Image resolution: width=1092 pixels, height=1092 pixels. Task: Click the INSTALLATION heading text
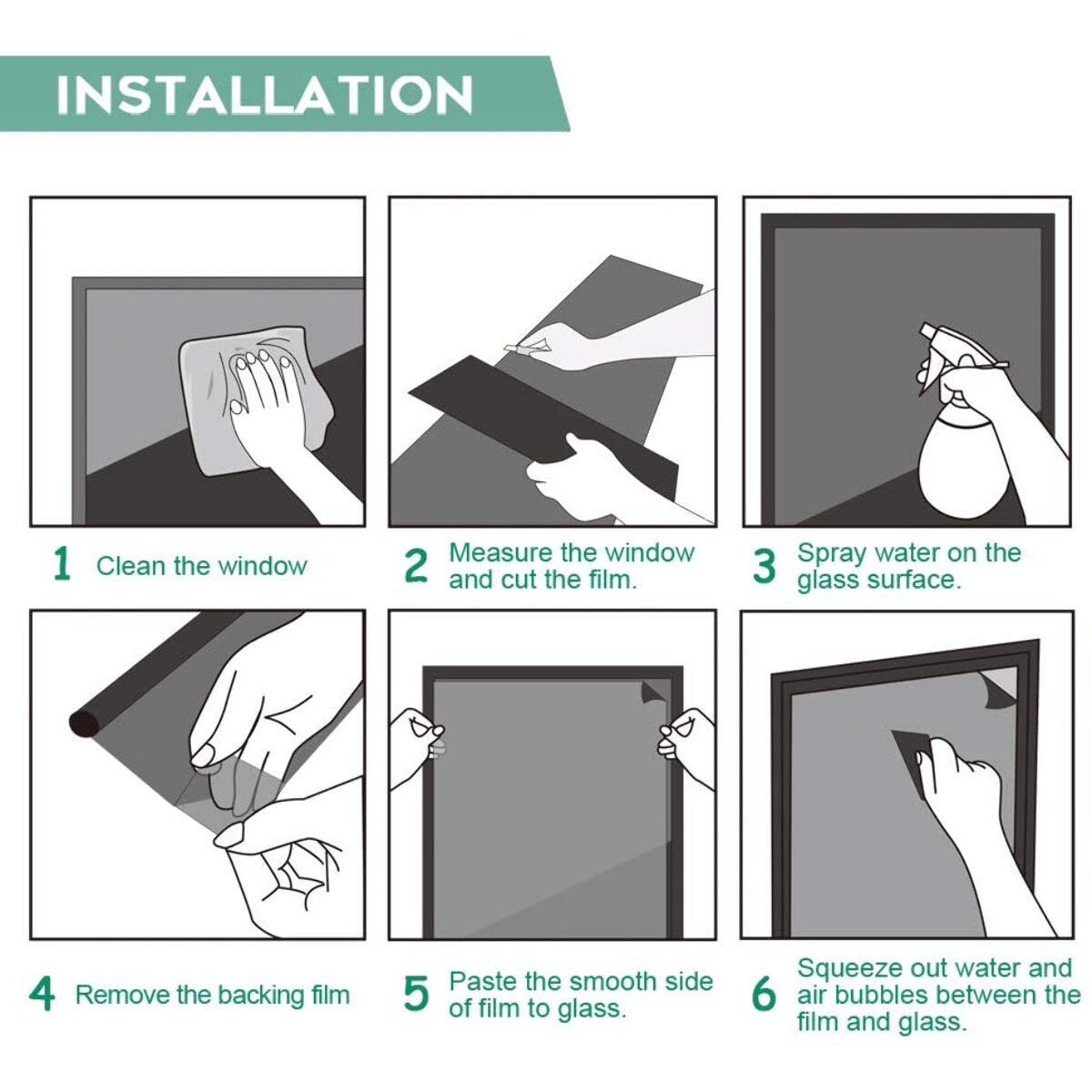click(265, 94)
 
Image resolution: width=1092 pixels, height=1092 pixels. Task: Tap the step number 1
click(61, 565)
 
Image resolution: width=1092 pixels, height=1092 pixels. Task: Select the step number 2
click(417, 565)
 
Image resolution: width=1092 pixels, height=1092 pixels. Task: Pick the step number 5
click(417, 995)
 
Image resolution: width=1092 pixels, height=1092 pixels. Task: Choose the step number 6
click(763, 995)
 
